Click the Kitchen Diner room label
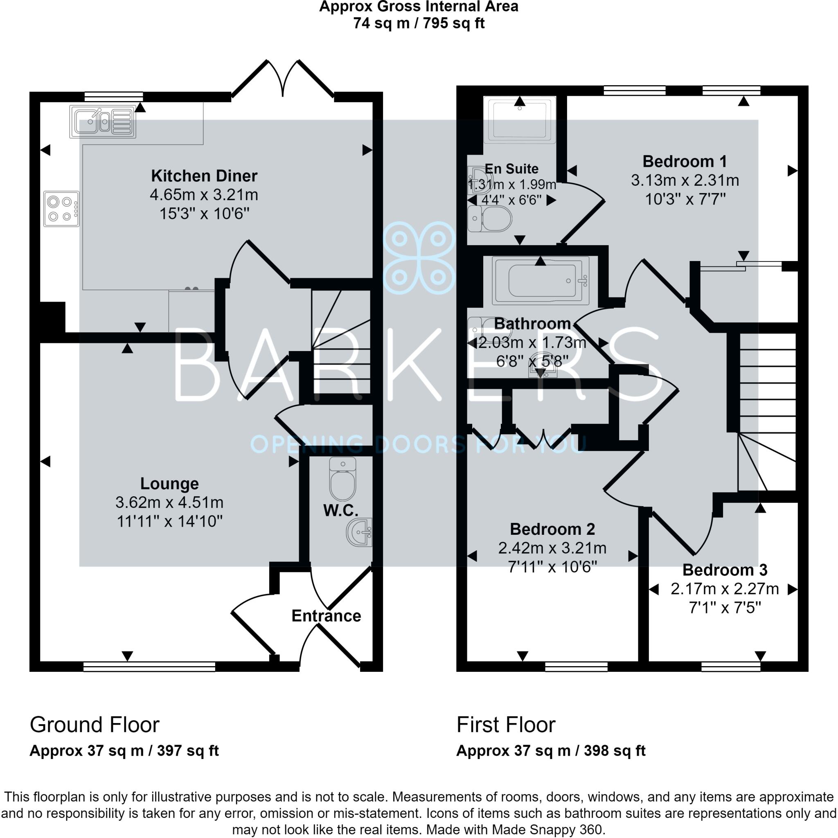(204, 176)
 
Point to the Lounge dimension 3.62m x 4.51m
(169, 502)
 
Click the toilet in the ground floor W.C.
(342, 479)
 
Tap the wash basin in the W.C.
(360, 532)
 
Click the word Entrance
(326, 616)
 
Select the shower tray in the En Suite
(519, 119)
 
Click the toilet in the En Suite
(490, 219)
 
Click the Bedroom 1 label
(685, 161)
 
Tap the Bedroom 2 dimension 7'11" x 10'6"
(552, 567)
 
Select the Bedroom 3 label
(725, 570)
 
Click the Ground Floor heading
(95, 725)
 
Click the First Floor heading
(506, 725)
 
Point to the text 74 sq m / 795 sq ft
(419, 23)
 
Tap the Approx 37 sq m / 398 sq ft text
(551, 750)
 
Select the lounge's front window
(149, 667)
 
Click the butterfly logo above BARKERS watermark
(419, 258)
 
